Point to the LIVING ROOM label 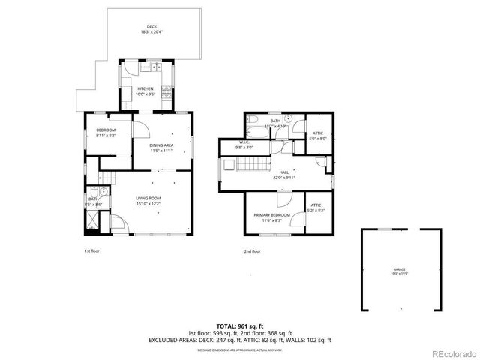[148, 199]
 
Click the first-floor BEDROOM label [105, 133]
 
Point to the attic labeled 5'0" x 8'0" [318, 135]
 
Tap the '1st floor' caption [91, 251]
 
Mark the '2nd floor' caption [253, 251]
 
